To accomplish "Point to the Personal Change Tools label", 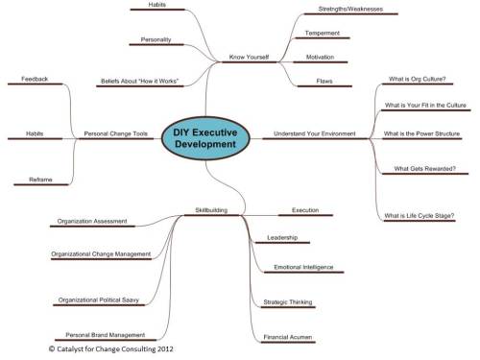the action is (x=117, y=133).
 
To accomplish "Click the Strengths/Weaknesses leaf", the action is (x=343, y=11).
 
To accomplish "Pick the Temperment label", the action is (x=323, y=34).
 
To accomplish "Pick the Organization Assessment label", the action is (x=92, y=221).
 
